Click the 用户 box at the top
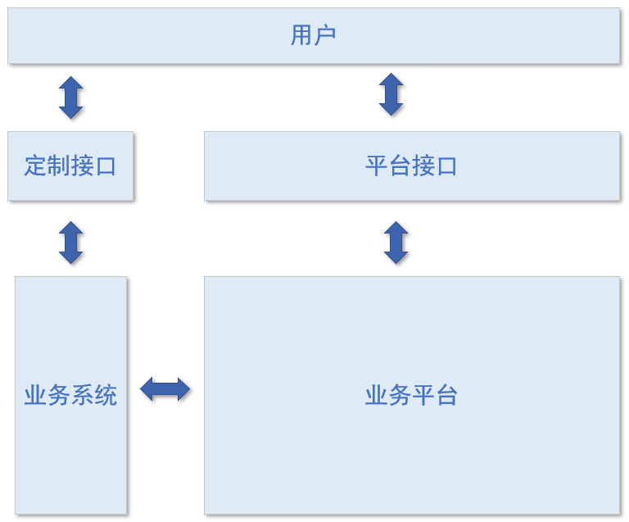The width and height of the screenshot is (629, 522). click(314, 36)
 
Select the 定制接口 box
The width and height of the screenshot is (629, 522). click(70, 166)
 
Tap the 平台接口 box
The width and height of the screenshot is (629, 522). click(411, 166)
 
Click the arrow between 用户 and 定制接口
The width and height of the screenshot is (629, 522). click(71, 98)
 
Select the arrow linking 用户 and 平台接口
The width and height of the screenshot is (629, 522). click(391, 94)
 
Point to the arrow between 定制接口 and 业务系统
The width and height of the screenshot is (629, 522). click(71, 243)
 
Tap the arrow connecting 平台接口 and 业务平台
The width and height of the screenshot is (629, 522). click(396, 243)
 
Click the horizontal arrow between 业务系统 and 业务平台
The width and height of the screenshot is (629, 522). click(165, 389)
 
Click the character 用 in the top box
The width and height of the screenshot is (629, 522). click(302, 35)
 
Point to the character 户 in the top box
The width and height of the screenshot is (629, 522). click(325, 35)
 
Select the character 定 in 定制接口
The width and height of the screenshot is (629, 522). click(36, 166)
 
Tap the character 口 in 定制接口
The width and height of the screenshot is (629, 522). click(106, 166)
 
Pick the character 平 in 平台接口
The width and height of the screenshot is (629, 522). click(377, 166)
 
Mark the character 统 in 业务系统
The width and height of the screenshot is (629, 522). click(106, 396)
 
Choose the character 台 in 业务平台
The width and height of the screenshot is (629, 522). click(446, 396)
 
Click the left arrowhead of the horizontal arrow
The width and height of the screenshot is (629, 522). click(147, 389)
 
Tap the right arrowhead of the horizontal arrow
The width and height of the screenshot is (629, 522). click(183, 389)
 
